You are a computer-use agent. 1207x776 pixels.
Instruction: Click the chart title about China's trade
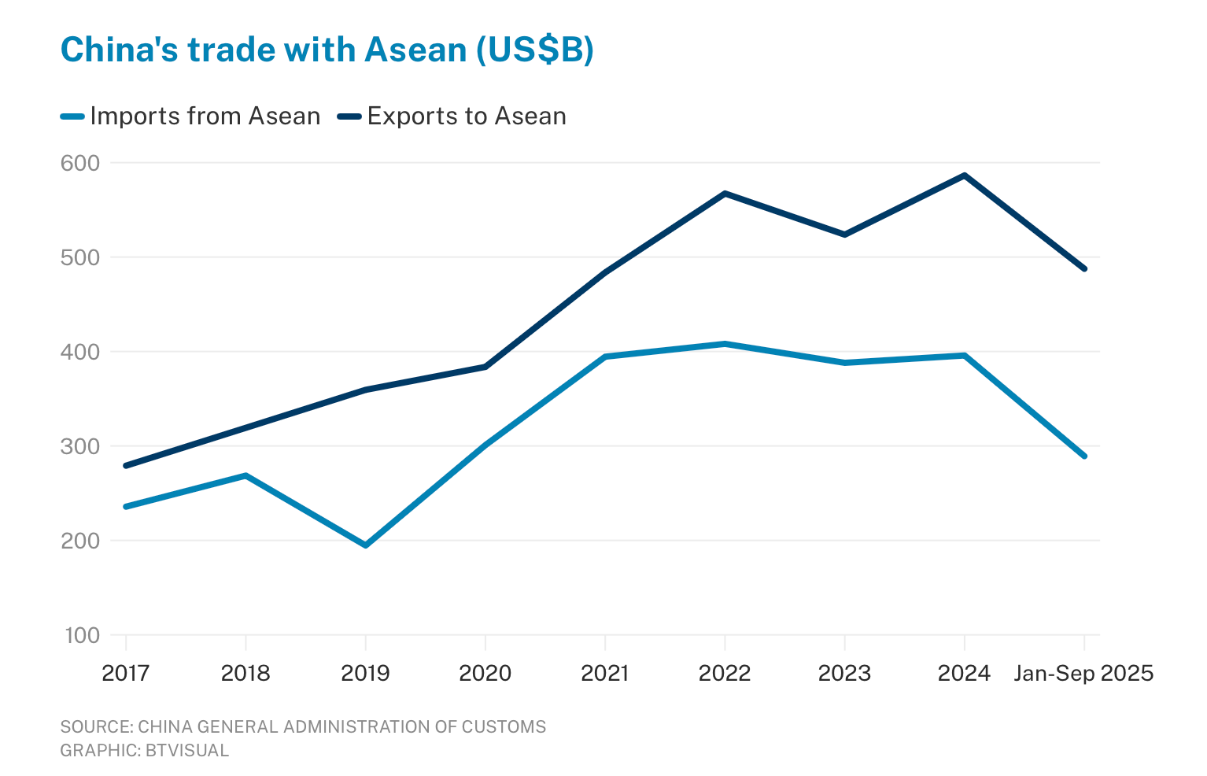point(327,50)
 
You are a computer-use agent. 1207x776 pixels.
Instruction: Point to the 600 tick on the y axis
point(81,163)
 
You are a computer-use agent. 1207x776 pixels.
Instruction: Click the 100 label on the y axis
point(81,635)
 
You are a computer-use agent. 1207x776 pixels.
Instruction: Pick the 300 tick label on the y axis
point(81,446)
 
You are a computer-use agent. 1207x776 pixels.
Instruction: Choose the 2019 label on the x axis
point(365,674)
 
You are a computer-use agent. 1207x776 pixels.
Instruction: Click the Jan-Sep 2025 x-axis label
point(1083,674)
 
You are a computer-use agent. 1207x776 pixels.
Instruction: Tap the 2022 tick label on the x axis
point(725,674)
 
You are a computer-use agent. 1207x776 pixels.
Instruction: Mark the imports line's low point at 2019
point(366,545)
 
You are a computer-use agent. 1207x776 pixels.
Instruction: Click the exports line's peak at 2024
point(965,175)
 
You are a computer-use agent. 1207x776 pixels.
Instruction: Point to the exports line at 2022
point(725,193)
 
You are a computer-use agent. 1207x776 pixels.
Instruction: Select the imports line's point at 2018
point(246,475)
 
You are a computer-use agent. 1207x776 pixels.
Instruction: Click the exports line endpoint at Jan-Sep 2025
point(1084,268)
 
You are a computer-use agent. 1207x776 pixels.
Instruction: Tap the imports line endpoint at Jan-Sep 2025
point(1084,456)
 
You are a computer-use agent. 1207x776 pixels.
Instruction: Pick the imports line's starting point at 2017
point(126,506)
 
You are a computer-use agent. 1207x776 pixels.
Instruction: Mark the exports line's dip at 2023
point(845,235)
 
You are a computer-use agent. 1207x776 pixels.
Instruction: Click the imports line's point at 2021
point(605,357)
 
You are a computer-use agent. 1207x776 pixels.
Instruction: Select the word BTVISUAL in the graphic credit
point(187,750)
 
